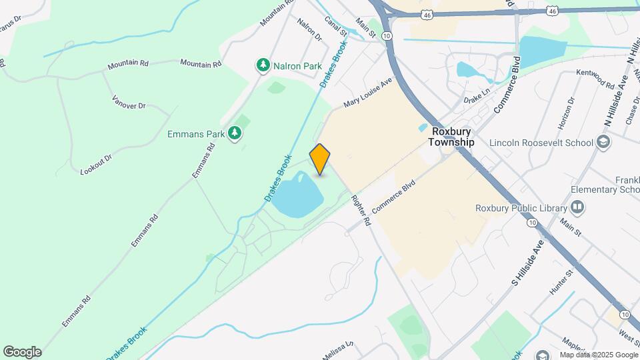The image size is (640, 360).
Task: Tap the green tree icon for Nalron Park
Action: tap(264, 65)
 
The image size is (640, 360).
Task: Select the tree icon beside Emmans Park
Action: tap(234, 134)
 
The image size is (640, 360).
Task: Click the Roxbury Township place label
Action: tap(451, 137)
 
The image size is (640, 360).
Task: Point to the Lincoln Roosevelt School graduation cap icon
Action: tap(603, 142)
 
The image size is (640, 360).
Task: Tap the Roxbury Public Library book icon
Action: tap(577, 208)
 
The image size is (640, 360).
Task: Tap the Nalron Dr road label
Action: tap(309, 29)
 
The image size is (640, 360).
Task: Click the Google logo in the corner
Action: tap(22, 351)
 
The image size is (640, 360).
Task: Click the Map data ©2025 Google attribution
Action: tap(598, 355)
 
